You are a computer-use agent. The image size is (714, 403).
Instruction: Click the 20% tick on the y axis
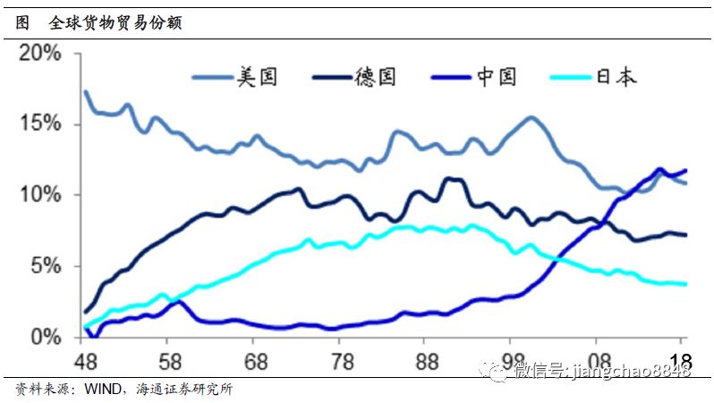coord(40,53)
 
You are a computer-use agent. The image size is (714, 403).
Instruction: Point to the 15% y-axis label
coord(40,124)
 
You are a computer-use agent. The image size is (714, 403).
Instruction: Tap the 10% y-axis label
coord(40,194)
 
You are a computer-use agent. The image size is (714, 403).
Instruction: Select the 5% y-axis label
coord(47,266)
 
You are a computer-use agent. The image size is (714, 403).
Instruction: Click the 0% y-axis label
coord(47,337)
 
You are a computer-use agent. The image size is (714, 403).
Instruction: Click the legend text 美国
coord(257,78)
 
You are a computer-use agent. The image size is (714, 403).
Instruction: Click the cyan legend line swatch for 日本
coord(570,78)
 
